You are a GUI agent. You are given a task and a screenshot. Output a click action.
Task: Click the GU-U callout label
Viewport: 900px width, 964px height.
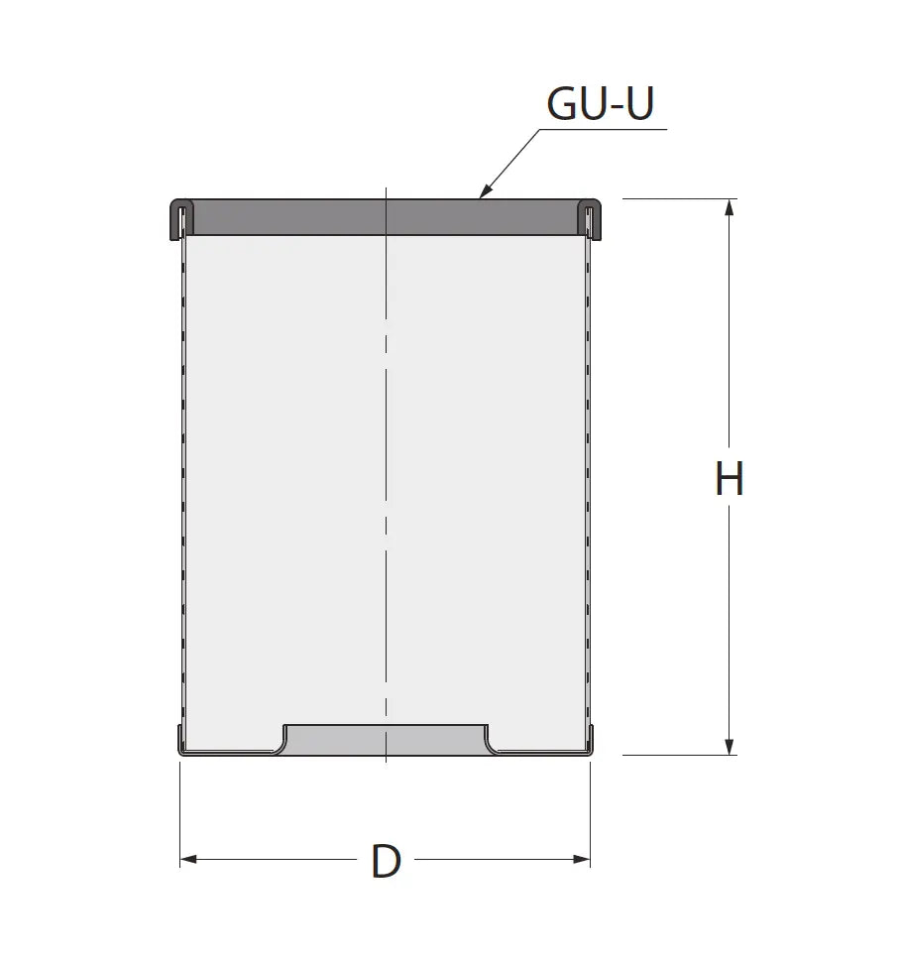click(x=600, y=103)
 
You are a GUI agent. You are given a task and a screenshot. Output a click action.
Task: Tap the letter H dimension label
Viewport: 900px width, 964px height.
click(x=730, y=478)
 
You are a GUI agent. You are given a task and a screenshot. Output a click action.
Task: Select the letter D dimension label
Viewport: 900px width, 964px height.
click(x=386, y=861)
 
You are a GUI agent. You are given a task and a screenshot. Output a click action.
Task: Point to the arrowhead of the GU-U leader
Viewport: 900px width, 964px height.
click(x=484, y=191)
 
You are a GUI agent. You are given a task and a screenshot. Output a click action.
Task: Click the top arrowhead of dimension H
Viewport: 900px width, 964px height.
click(x=730, y=208)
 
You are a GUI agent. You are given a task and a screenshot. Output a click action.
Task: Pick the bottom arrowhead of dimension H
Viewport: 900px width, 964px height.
click(x=730, y=747)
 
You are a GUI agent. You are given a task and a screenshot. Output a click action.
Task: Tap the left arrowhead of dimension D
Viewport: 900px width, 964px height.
click(x=188, y=859)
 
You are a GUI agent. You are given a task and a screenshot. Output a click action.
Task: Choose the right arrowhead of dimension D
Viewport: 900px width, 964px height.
click(x=582, y=859)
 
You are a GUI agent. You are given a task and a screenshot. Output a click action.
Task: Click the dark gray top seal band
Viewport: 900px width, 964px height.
click(x=386, y=217)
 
